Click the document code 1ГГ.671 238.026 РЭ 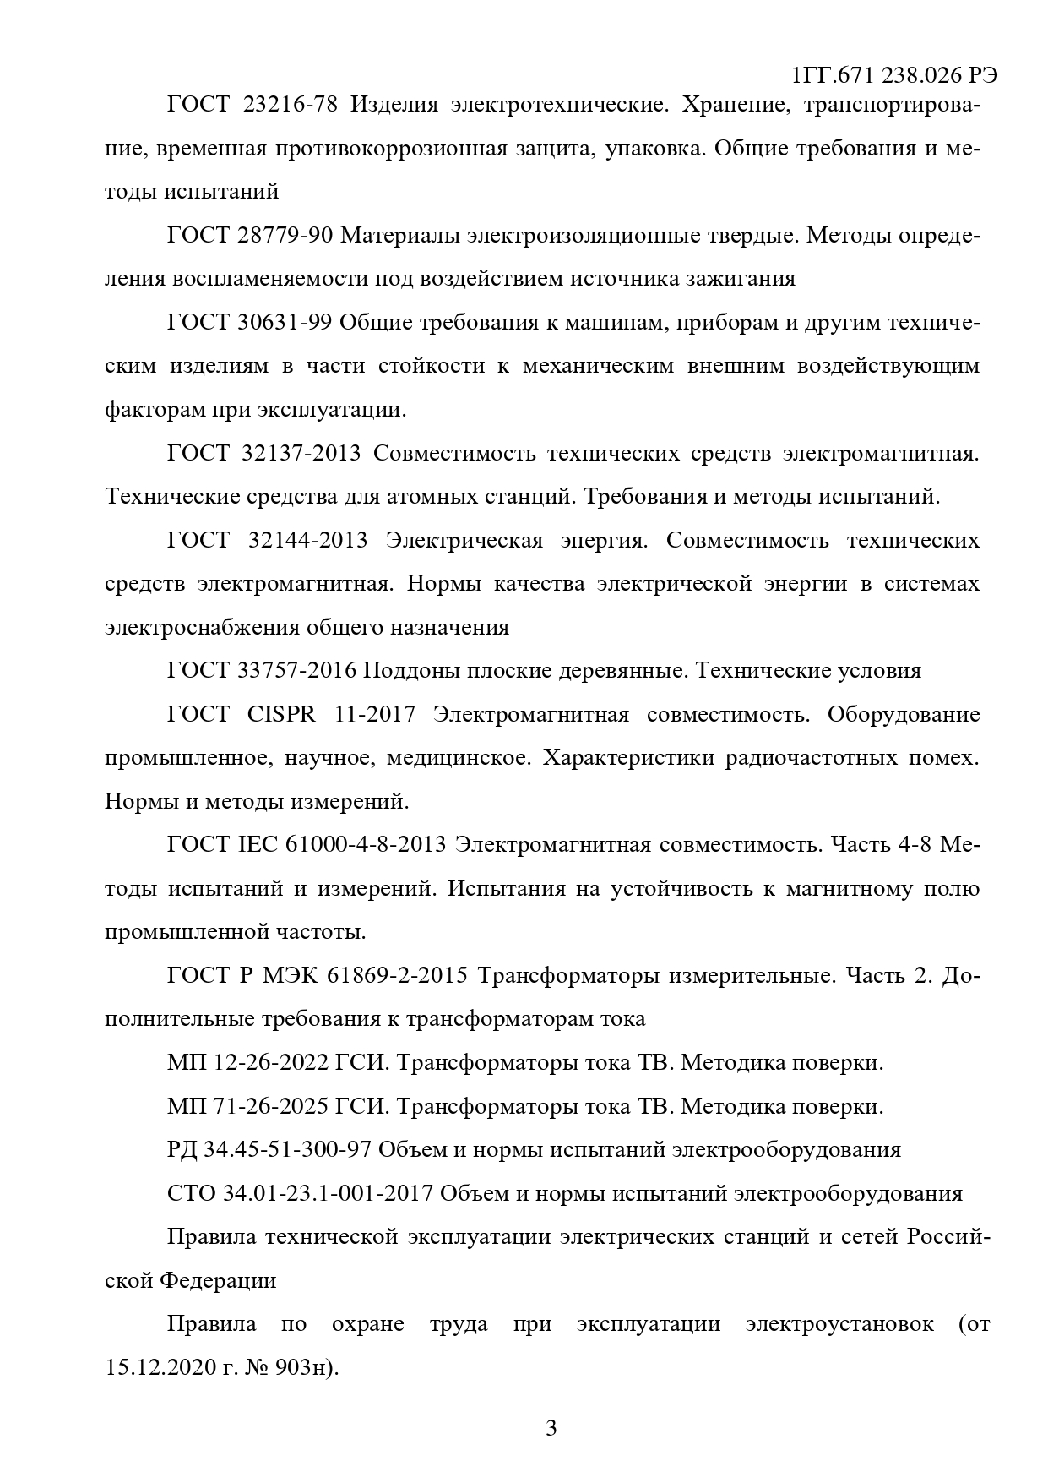coord(895,76)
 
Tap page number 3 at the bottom coord(551,1429)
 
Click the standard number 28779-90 coord(285,235)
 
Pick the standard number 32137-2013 coord(301,453)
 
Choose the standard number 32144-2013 coord(308,540)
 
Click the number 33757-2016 coord(296,671)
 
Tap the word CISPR coord(282,715)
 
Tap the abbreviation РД coord(182,1150)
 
